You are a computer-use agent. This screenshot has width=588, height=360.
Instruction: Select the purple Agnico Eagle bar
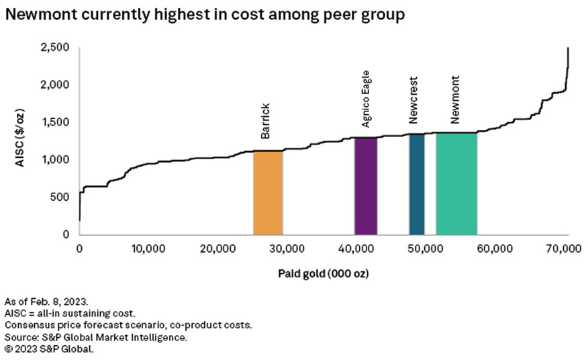point(366,186)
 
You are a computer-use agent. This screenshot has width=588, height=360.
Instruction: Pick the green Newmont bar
point(456,184)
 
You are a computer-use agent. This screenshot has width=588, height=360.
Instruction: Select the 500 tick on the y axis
point(62,197)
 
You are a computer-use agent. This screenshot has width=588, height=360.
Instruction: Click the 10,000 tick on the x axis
point(144,249)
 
